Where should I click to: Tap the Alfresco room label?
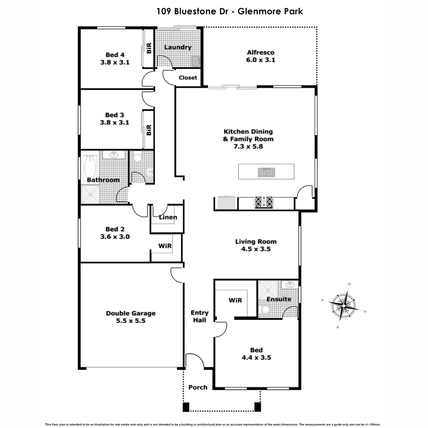(260, 56)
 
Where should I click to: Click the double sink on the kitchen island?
(266, 172)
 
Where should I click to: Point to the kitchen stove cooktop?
(264, 202)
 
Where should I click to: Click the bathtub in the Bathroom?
(91, 168)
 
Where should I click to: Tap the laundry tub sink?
(196, 61)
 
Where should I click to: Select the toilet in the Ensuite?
(265, 309)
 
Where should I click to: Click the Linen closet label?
(168, 217)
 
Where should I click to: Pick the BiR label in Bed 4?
(149, 49)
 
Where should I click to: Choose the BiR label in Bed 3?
(149, 130)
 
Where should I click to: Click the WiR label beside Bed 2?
(165, 246)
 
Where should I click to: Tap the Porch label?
(198, 387)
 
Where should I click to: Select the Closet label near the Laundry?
(188, 78)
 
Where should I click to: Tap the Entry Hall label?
(199, 316)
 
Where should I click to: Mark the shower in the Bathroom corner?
(90, 195)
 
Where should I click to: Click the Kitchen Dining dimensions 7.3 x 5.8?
(248, 146)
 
